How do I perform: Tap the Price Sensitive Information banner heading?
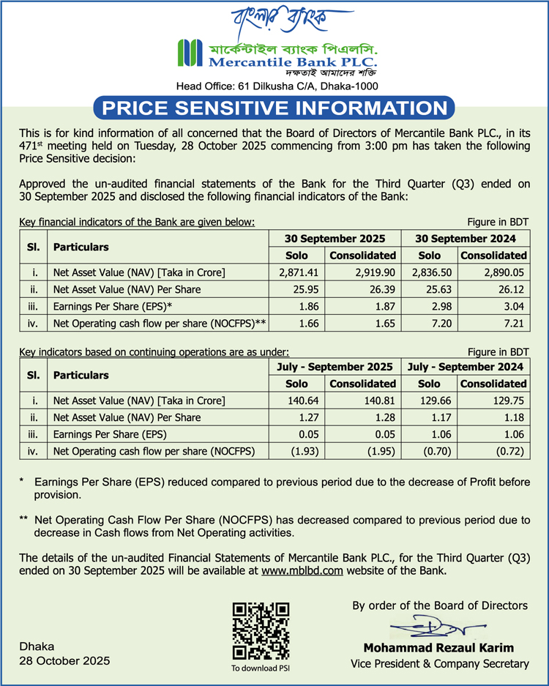(x=274, y=108)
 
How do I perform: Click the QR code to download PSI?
(x=261, y=630)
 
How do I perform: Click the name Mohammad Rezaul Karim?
(x=438, y=648)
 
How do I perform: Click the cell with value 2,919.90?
(x=362, y=272)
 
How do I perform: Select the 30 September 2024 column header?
(x=466, y=239)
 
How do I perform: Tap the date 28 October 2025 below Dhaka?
(x=65, y=660)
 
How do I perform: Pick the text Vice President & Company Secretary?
(x=439, y=663)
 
